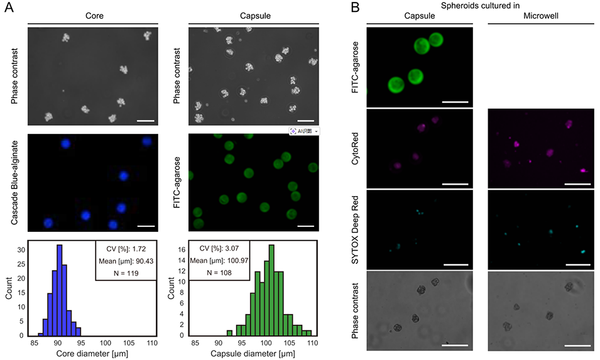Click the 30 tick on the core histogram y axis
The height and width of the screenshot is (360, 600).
click(x=21, y=248)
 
